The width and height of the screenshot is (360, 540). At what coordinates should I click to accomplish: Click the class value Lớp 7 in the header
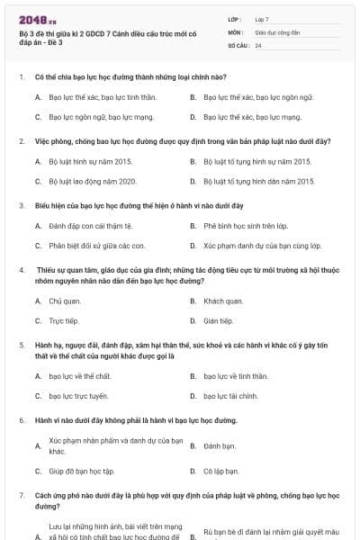tap(262, 18)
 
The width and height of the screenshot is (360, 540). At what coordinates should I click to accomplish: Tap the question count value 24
tap(258, 45)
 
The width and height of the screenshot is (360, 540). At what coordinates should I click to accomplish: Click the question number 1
tap(21, 77)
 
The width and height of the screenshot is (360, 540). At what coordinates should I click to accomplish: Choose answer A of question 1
tap(85, 96)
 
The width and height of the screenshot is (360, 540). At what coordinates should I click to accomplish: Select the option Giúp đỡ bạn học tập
tap(81, 471)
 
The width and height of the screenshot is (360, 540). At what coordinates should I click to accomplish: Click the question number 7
tap(21, 495)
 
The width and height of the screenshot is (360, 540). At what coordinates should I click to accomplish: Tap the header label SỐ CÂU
tap(238, 45)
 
